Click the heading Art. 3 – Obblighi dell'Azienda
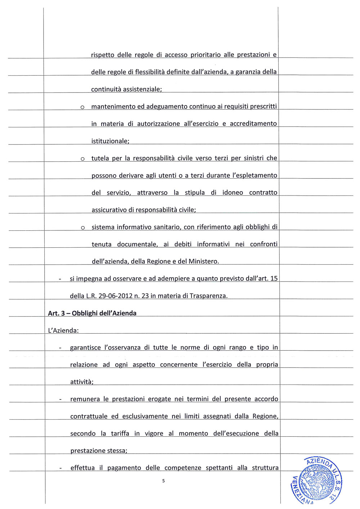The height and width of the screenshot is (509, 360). click(92, 313)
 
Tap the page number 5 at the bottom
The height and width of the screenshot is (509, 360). click(163, 481)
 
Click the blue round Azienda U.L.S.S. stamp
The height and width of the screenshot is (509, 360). click(317, 481)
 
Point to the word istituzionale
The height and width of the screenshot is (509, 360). click(110, 141)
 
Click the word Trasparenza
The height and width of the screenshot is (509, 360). click(208, 296)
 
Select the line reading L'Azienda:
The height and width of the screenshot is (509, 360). click(63, 330)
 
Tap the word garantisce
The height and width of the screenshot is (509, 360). click(85, 348)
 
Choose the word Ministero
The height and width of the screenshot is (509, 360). click(203, 261)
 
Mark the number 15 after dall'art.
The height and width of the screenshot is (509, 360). click(274, 279)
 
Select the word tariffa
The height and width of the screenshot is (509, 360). click(120, 433)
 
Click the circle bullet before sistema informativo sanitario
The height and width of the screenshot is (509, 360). click(83, 228)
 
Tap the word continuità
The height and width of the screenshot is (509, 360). click(106, 89)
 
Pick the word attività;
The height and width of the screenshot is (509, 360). click(82, 382)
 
